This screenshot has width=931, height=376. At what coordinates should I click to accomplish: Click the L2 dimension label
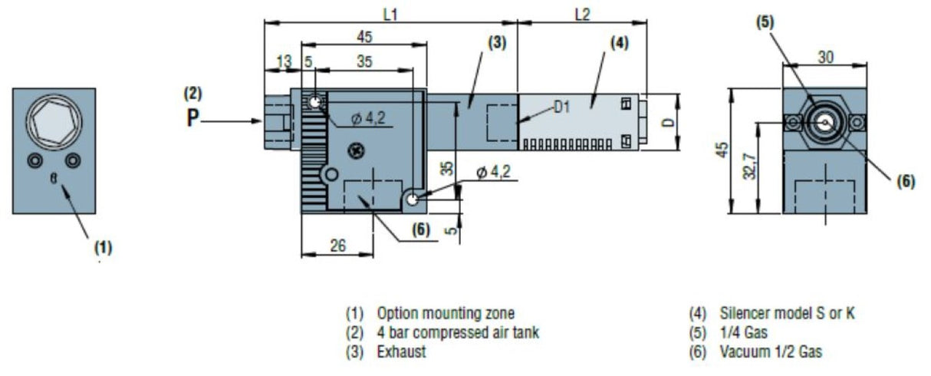[x=582, y=15]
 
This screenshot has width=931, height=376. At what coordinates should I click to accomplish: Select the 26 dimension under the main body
[x=337, y=246]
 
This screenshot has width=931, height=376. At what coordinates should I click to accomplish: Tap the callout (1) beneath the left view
[x=103, y=247]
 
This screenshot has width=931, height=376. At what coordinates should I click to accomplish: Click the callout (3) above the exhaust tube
[x=497, y=43]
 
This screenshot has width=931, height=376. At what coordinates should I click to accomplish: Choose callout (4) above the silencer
[x=619, y=43]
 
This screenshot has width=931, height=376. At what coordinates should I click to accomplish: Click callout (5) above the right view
[x=765, y=22]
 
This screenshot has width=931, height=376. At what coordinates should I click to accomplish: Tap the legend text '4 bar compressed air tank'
[x=457, y=333]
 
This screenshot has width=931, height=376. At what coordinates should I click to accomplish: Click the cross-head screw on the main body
[x=356, y=149]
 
